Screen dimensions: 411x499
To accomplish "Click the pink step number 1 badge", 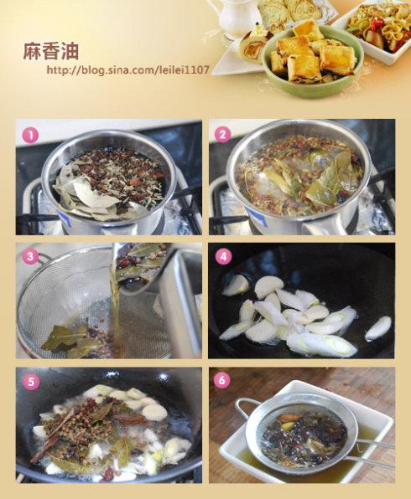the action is [30, 136].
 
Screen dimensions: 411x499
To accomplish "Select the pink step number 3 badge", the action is [30, 256].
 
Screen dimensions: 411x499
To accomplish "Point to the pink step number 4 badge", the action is [223, 256].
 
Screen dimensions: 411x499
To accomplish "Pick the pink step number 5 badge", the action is [30, 382].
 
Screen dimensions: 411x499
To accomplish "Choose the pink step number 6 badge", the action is [222, 380].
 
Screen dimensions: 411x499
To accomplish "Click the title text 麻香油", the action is [50, 51].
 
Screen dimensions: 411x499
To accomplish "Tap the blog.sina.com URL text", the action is [128, 69].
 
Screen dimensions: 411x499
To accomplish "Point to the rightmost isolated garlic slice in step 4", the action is [378, 327].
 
